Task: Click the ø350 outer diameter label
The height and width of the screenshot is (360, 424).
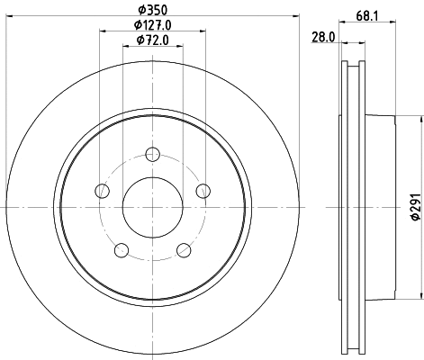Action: click(x=150, y=10)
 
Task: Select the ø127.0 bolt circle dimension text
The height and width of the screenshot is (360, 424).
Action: click(x=150, y=25)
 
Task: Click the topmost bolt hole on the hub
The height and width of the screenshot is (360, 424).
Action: click(x=152, y=153)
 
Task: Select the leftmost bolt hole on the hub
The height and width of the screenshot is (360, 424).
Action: click(x=103, y=190)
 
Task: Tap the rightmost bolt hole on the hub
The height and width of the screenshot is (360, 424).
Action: click(x=203, y=190)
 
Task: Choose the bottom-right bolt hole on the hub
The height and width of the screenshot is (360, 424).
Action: click(x=184, y=248)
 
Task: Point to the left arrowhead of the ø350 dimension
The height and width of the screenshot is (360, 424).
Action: click(x=10, y=18)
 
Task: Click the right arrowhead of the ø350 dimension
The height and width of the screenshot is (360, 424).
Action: click(x=293, y=18)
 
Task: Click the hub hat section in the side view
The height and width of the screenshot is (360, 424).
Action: click(x=383, y=209)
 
